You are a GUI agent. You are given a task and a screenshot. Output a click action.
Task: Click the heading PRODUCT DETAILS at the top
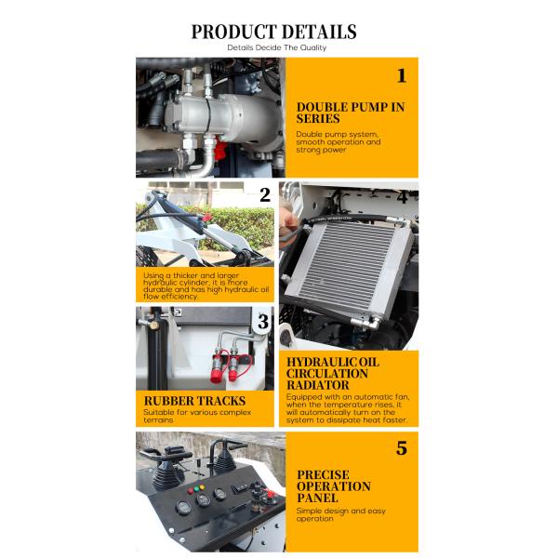tap(273, 32)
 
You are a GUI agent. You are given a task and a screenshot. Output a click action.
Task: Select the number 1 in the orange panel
tap(401, 76)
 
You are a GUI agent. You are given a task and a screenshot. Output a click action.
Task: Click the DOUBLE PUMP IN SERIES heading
tap(350, 113)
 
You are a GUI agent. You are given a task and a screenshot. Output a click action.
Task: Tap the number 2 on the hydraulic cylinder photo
tap(265, 194)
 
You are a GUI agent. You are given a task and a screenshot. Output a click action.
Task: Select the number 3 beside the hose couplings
tap(263, 323)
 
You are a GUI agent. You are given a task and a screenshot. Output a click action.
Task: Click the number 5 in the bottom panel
tap(401, 448)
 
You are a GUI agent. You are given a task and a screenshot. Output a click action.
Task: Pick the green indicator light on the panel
tap(198, 490)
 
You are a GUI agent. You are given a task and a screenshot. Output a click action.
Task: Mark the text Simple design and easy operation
tap(340, 514)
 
